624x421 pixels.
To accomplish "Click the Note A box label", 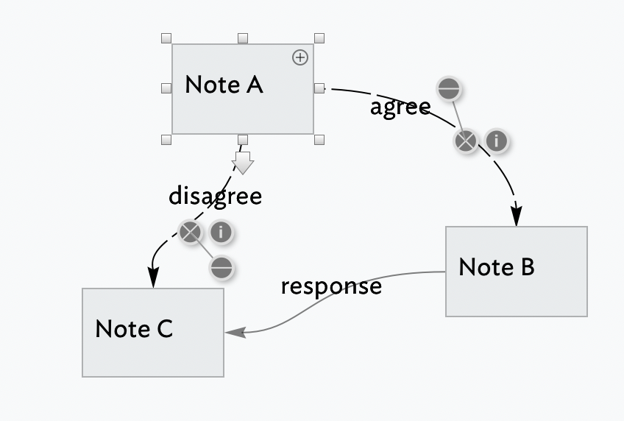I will point(224,85).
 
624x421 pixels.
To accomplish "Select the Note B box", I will point(516,271).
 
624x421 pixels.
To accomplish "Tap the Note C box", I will point(152,332).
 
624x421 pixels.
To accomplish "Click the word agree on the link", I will point(400,107).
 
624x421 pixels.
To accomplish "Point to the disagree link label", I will point(215,196).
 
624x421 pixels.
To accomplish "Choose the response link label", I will point(331,286).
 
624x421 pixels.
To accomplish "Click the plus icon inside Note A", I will point(300,57).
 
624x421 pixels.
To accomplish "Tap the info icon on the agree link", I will point(497,141).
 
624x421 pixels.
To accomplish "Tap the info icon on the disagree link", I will point(221,233).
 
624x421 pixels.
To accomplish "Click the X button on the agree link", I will point(465,141).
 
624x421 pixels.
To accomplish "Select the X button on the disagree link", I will point(190,233).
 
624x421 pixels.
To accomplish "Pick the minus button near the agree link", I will point(448,90).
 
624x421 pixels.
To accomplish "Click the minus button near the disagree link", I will point(221,269).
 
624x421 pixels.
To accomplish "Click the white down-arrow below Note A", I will point(242,162).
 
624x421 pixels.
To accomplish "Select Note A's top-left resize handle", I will point(166,38).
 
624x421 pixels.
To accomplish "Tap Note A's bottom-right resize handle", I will point(319,139).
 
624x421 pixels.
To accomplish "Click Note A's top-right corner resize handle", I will point(319,38).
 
